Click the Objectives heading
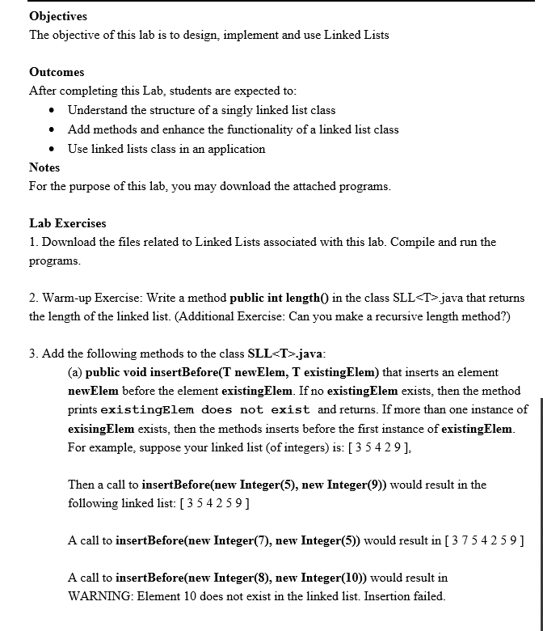pyautogui.click(x=58, y=16)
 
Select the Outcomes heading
pyautogui.click(x=57, y=72)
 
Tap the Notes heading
pyautogui.click(x=44, y=167)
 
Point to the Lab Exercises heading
pyautogui.click(x=68, y=223)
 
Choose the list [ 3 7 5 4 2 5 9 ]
pyautogui.click(x=477, y=540)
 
